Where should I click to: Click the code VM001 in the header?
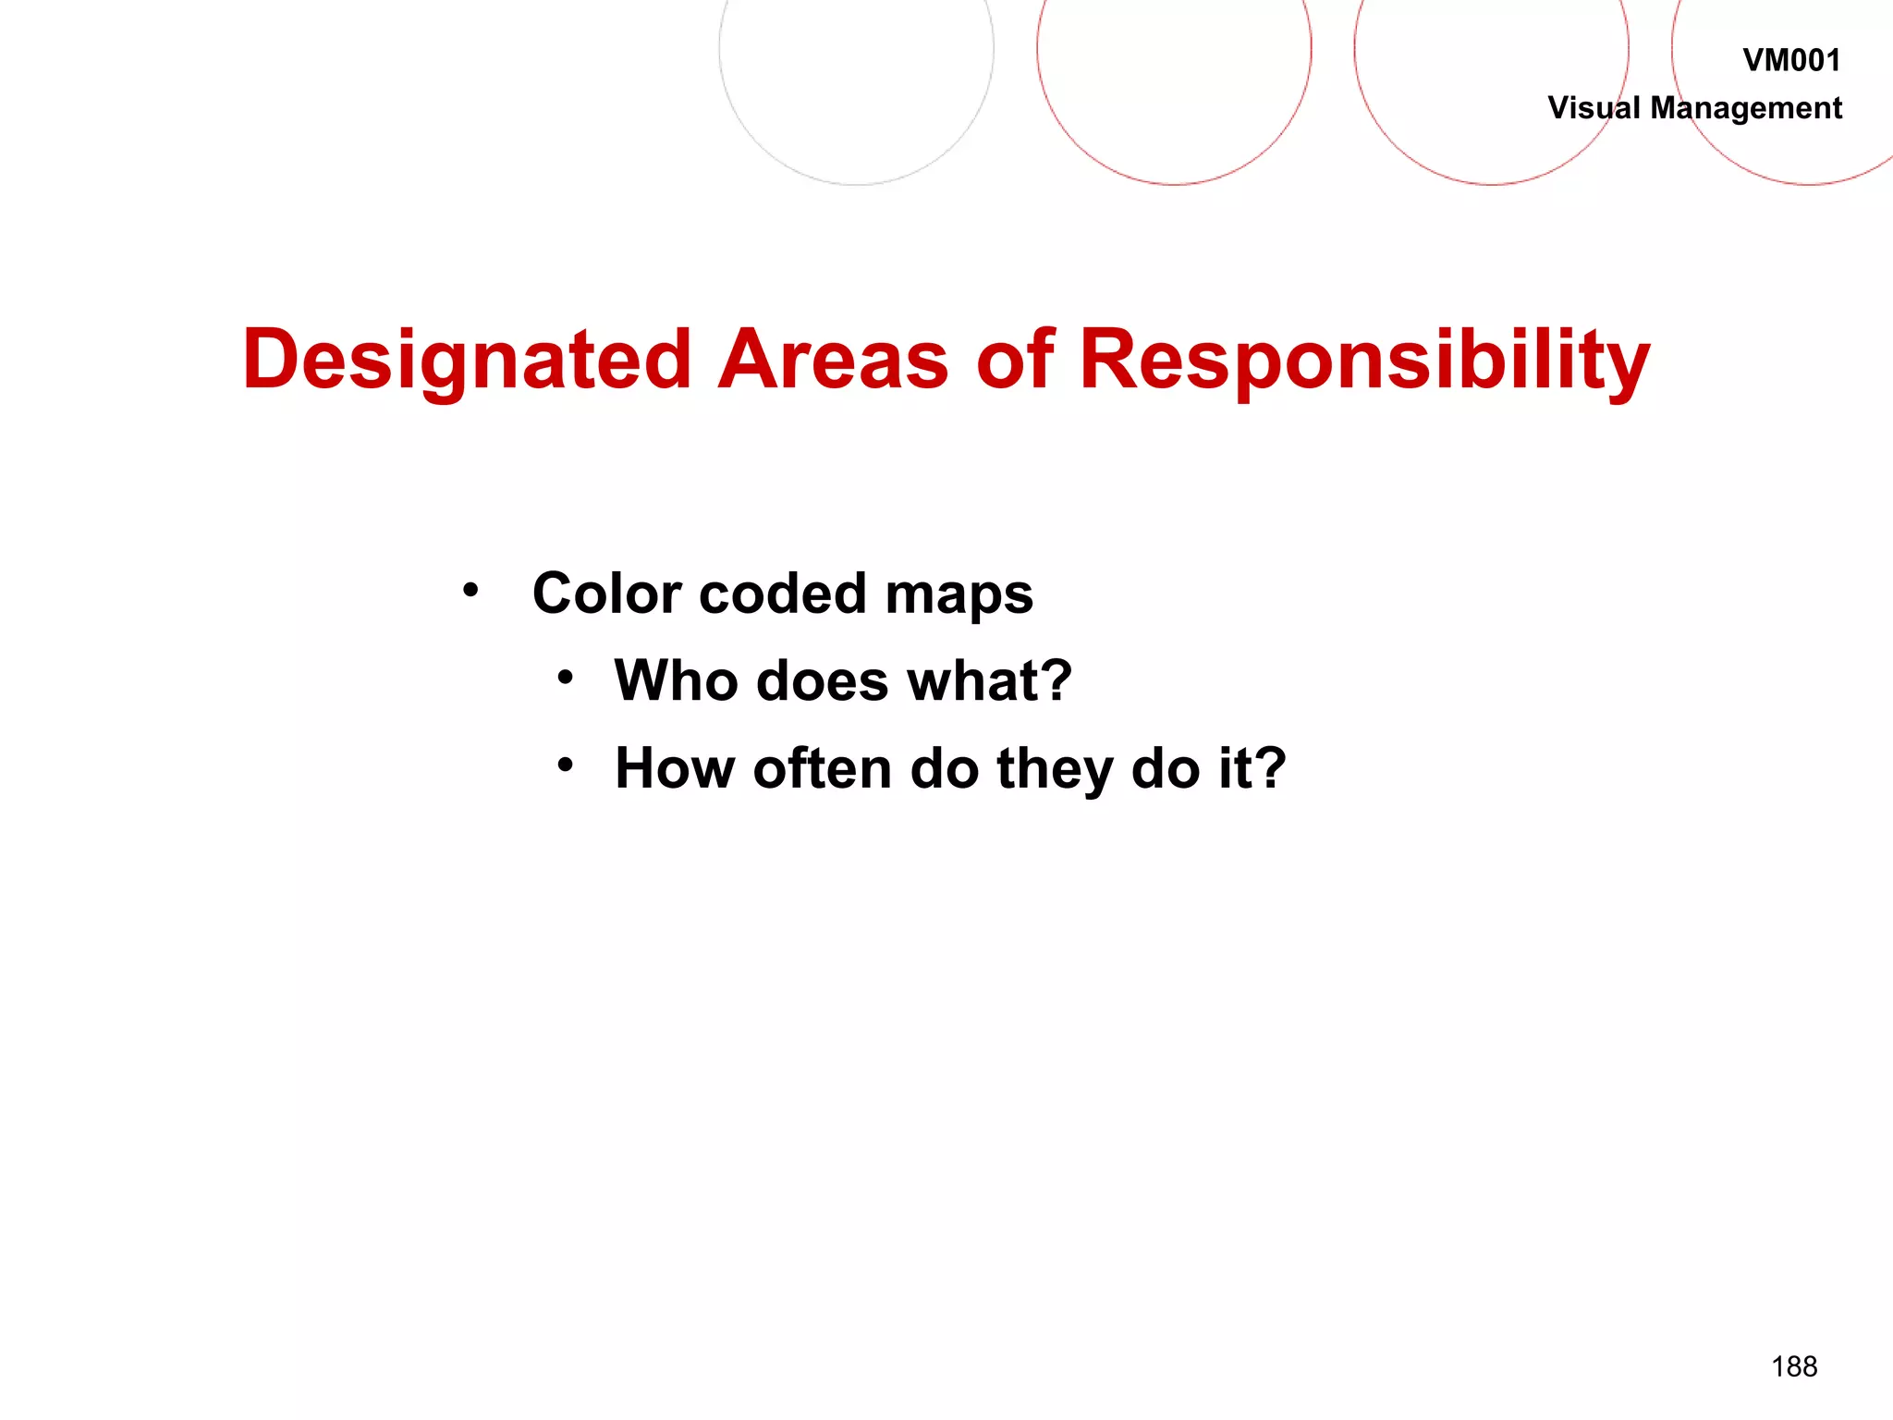[1790, 61]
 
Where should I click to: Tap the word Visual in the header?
[1594, 108]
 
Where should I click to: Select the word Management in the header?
[1746, 109]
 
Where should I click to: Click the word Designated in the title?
[467, 361]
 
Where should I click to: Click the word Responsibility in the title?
[1364, 361]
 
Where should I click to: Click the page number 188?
[1794, 1366]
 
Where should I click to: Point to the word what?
[989, 680]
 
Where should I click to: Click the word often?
[823, 768]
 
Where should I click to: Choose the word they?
[1055, 770]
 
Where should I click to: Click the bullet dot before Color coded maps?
[471, 590]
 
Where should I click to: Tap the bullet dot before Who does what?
[566, 679]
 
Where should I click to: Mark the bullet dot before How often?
[566, 765]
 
